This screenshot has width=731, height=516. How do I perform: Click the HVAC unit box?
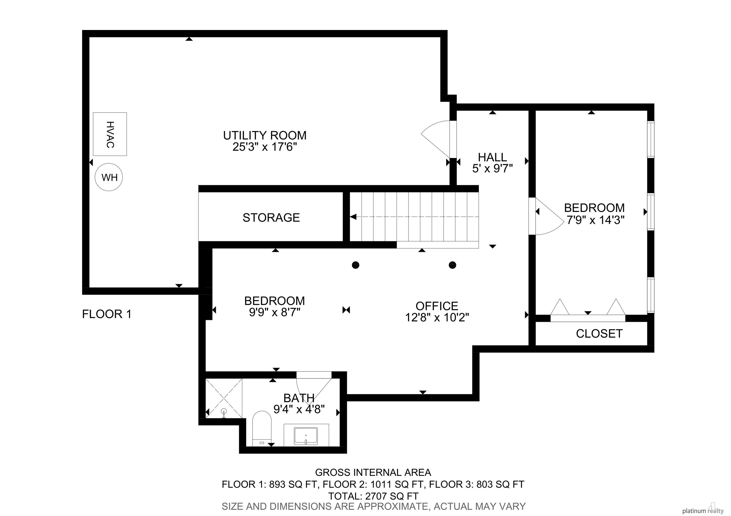tap(110, 134)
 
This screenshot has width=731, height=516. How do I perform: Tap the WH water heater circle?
tap(109, 177)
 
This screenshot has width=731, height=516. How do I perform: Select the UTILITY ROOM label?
tap(265, 136)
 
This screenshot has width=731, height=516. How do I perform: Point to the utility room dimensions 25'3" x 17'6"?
tap(265, 147)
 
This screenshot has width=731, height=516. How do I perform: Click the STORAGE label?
tap(271, 218)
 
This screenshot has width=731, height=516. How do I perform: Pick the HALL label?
tap(492, 157)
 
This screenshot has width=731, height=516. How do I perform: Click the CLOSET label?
tap(599, 333)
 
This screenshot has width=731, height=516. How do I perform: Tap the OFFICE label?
tap(437, 306)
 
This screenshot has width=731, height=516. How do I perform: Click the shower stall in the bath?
tap(224, 398)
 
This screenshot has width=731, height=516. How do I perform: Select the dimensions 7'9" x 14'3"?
tap(594, 220)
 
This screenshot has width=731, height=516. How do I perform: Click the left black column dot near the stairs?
tap(356, 265)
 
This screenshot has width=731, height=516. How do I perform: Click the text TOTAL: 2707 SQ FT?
tap(373, 496)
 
